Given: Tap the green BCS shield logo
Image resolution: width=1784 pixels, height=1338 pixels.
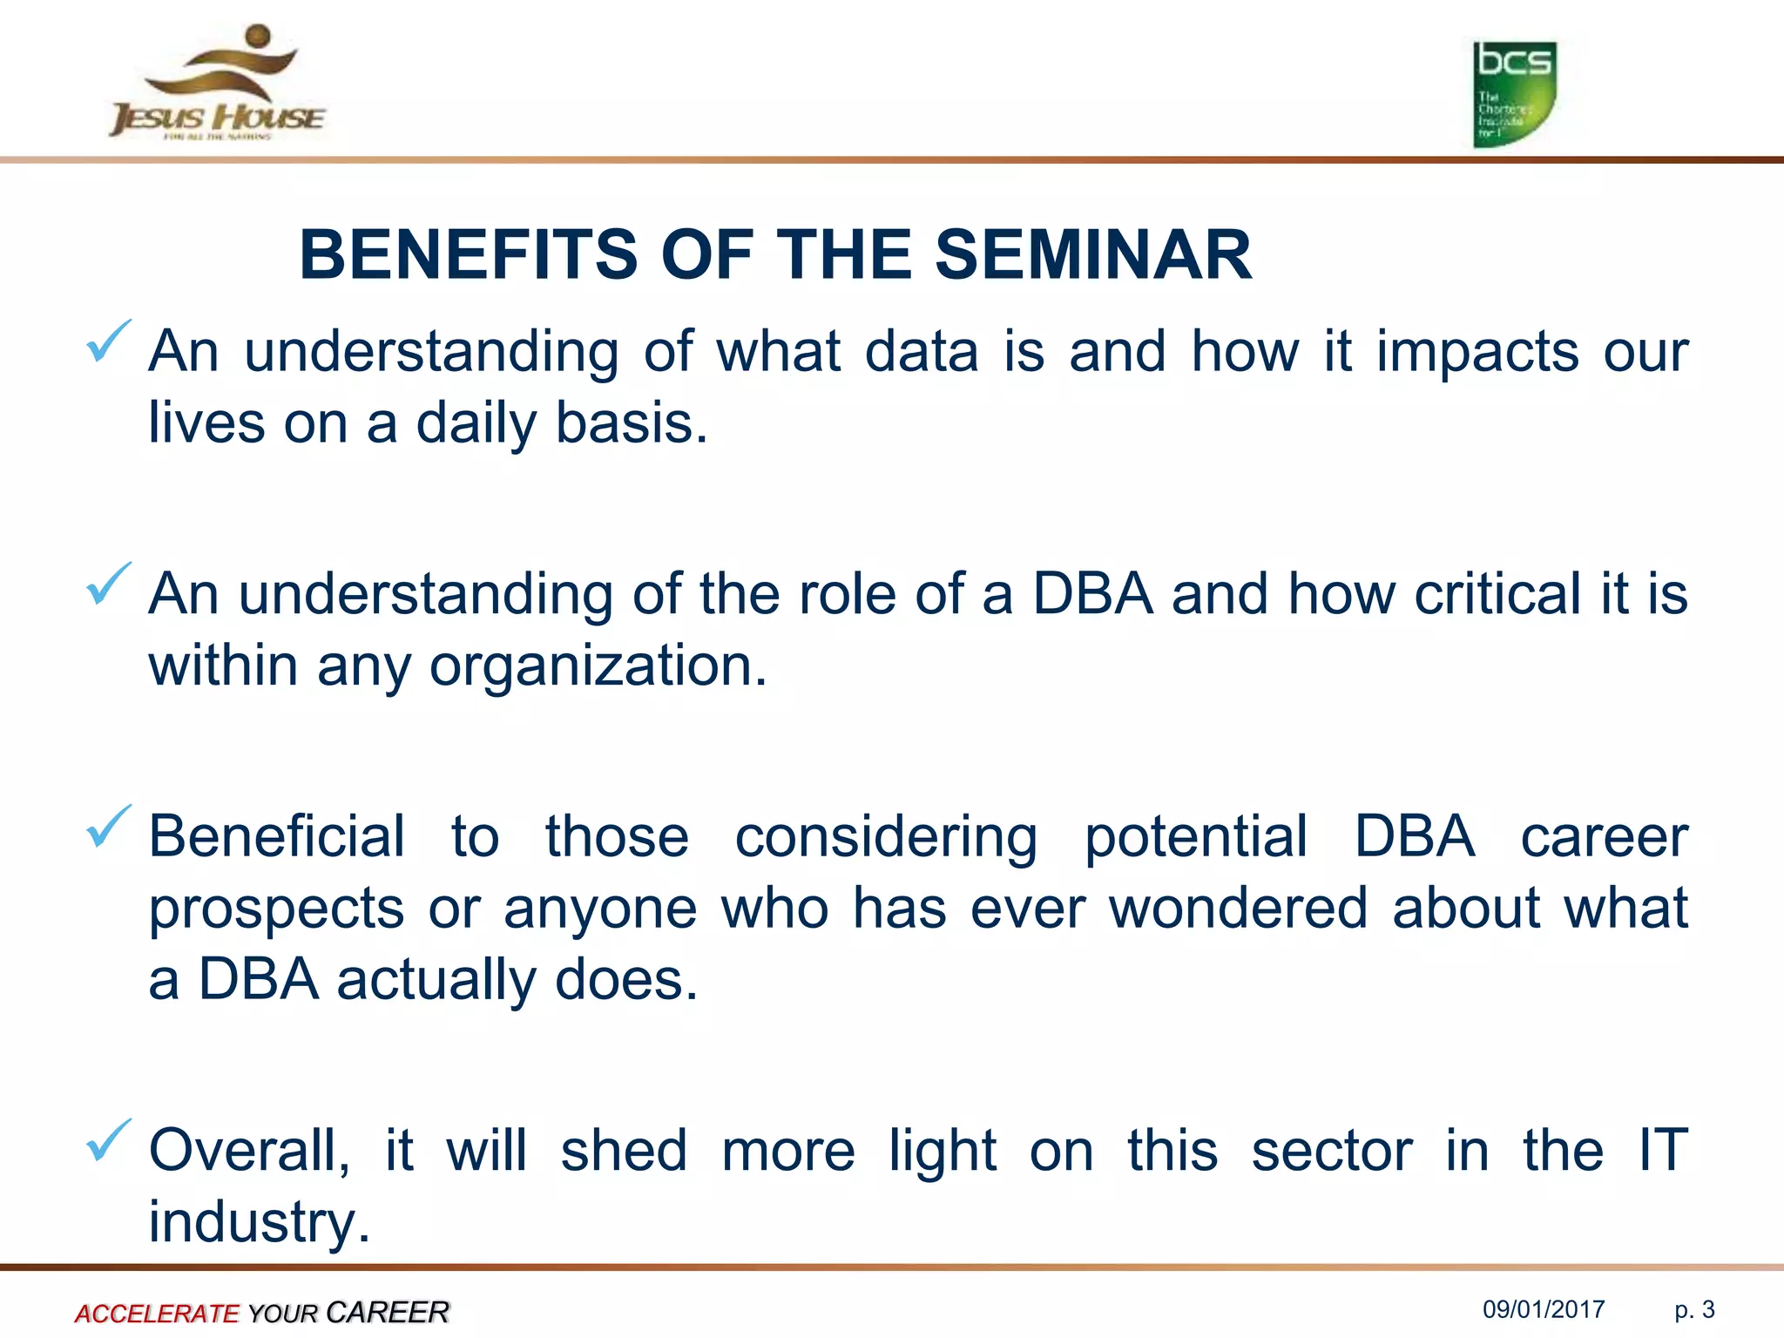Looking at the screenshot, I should (1514, 94).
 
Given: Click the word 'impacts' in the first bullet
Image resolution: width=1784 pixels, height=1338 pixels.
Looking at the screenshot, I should (1477, 353).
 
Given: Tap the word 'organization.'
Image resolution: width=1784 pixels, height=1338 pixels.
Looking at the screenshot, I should (598, 666).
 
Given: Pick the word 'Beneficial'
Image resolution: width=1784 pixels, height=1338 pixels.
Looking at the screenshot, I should (277, 836).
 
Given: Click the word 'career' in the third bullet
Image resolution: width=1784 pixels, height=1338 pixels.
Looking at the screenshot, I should (1604, 836).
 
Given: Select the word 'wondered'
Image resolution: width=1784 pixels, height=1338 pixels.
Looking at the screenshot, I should (1238, 908).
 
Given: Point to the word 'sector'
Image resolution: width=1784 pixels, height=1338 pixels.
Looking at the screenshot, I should (1331, 1150).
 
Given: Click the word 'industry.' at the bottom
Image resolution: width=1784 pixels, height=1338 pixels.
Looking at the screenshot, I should (260, 1222).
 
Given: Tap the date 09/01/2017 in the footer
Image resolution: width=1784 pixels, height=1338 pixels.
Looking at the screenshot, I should (1544, 1309).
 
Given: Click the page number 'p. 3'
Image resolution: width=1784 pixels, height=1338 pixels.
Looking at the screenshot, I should (1694, 1309).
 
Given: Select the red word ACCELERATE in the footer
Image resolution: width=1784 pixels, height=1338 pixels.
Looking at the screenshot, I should (157, 1313).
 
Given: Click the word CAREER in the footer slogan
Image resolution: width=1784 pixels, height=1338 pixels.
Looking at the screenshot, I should (388, 1312).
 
